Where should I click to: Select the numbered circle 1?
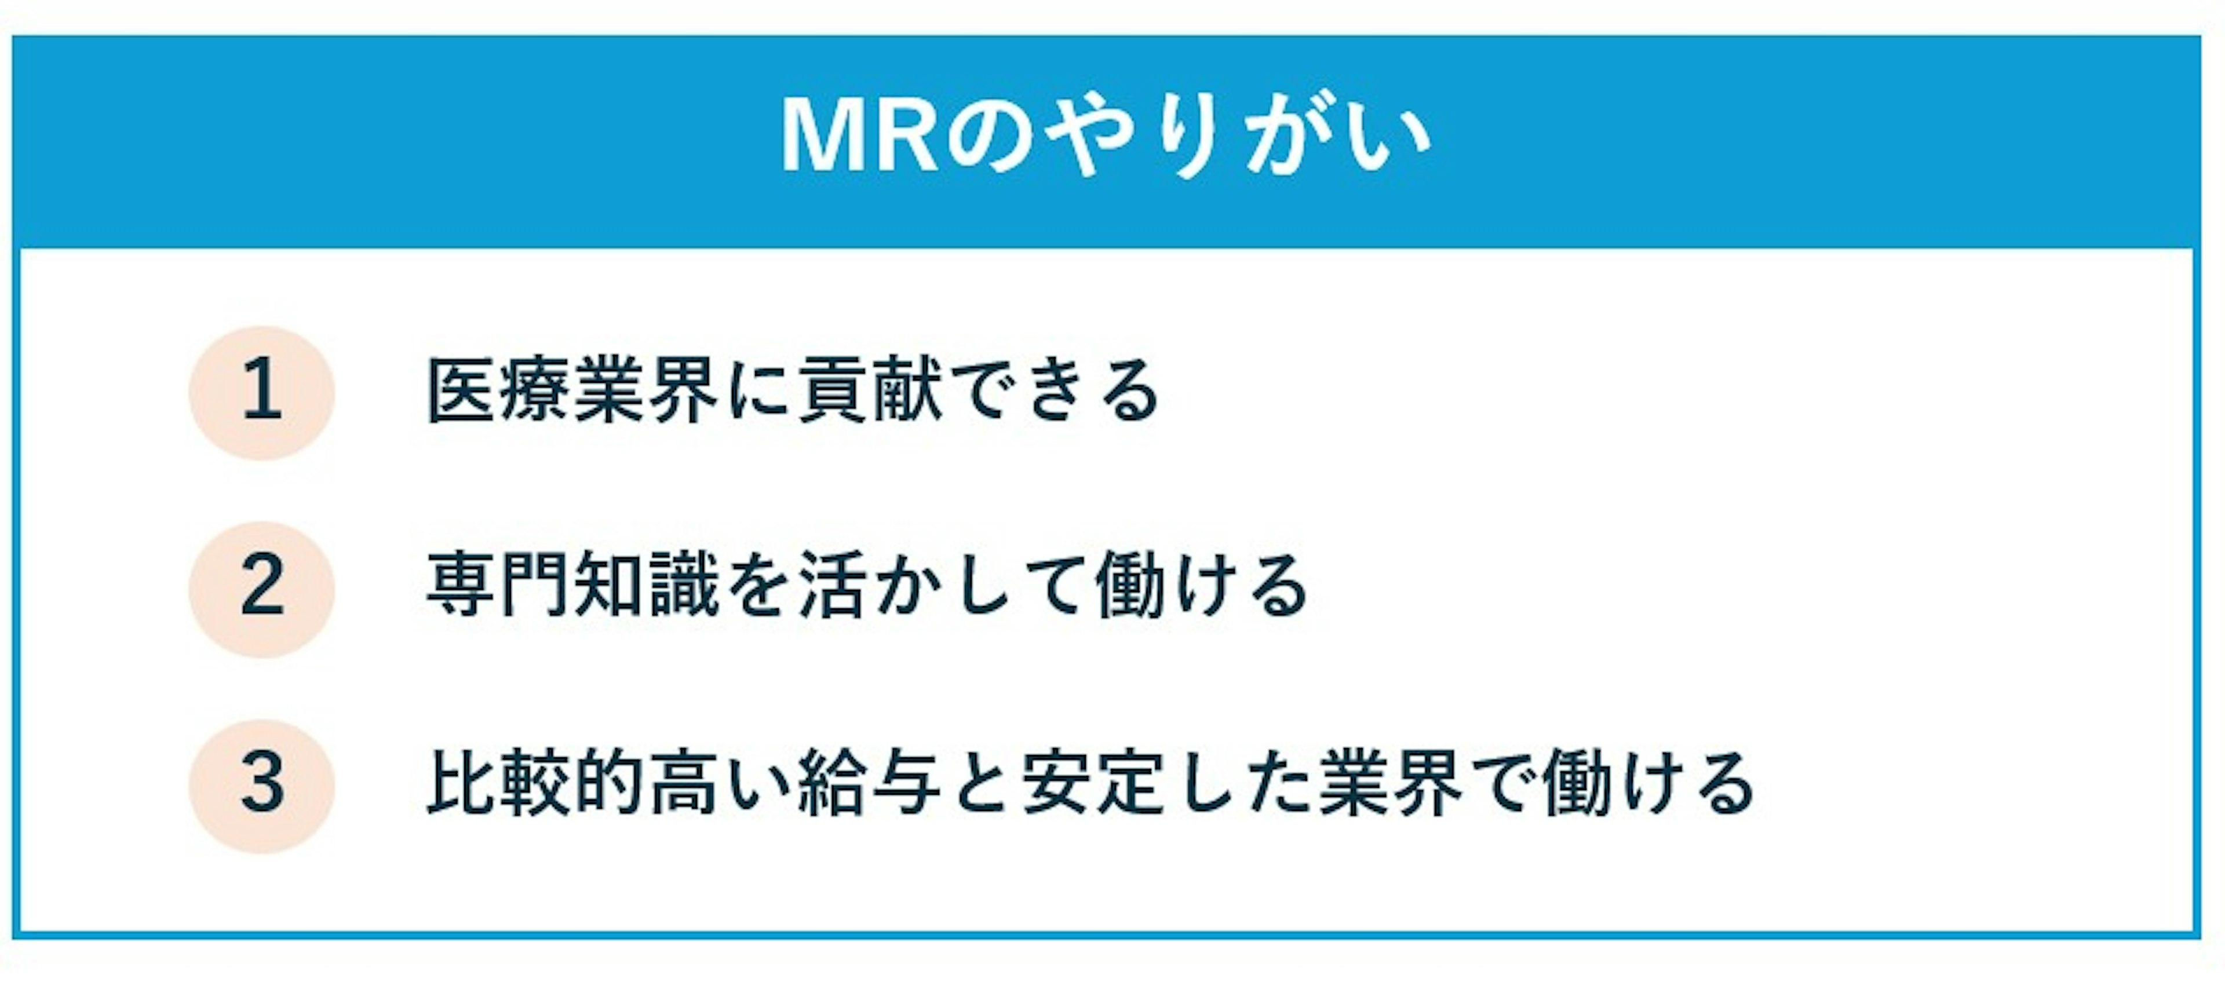(262, 392)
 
